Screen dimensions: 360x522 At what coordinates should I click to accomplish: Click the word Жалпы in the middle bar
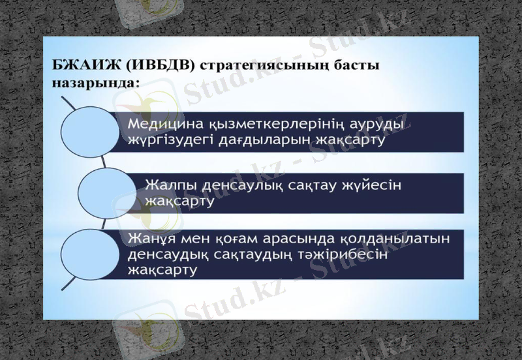168,185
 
